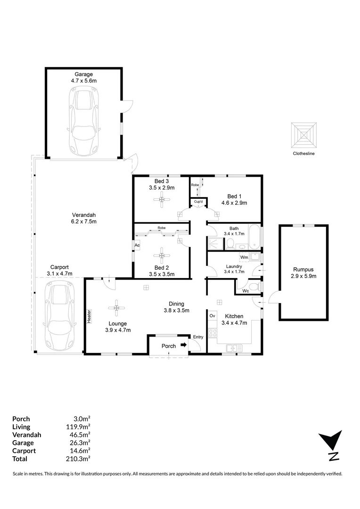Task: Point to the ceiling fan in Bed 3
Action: coord(162,200)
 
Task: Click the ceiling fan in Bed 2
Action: coord(162,256)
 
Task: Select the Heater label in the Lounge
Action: coord(89,316)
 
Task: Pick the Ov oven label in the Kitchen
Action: coord(212,315)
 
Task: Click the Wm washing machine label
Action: coord(244,257)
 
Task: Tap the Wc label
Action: coord(245,290)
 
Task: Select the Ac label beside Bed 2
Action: coord(137,245)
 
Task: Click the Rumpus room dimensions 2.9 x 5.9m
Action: coord(303,276)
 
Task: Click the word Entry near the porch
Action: coord(198,337)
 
